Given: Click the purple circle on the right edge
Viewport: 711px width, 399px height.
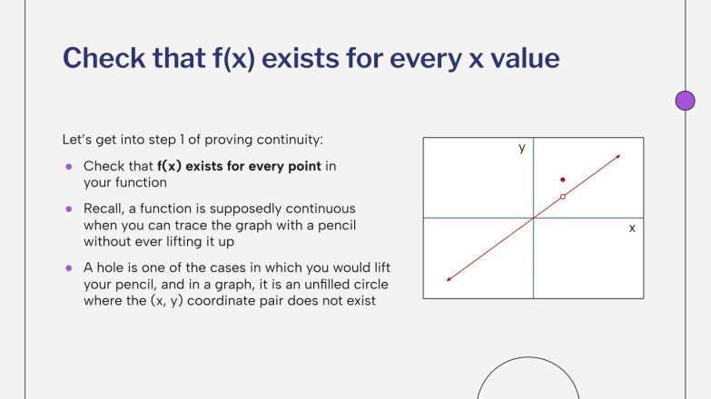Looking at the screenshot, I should pos(686,101).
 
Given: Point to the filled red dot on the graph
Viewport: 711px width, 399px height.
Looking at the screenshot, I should pos(563,180).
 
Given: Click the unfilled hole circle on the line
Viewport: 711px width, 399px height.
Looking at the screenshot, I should pos(563,196).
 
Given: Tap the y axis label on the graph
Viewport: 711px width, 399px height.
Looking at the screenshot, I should pos(522,148).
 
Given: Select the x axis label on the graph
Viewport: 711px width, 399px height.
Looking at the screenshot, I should pos(632,229).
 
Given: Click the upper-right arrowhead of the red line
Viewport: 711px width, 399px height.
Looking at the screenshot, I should pos(618,158).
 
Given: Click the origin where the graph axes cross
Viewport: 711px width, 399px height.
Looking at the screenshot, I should pos(534,218).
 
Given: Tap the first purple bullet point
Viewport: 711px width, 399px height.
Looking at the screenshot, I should pos(68,167).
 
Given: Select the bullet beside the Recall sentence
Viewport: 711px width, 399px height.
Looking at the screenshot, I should pos(68,209).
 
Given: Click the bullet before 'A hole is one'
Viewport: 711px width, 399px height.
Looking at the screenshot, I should pos(68,268).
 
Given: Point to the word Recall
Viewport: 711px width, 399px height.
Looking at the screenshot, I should pos(104,209).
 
